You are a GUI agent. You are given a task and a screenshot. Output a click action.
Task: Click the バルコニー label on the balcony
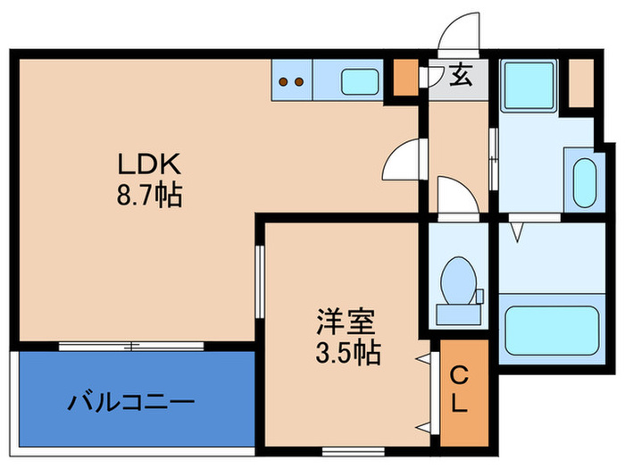click(x=132, y=402)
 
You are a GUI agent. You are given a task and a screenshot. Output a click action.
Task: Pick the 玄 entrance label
click(x=459, y=77)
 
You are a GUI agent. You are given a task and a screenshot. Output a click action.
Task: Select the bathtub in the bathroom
click(x=550, y=331)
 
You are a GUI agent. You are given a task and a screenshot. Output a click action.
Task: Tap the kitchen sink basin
click(x=359, y=81)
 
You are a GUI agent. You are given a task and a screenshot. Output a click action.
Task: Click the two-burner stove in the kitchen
click(x=291, y=81)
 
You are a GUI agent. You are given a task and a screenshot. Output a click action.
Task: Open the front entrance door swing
click(x=458, y=36)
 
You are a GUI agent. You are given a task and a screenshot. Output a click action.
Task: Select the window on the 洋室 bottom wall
click(x=340, y=448)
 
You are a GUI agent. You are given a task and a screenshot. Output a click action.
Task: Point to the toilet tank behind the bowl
click(x=458, y=313)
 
